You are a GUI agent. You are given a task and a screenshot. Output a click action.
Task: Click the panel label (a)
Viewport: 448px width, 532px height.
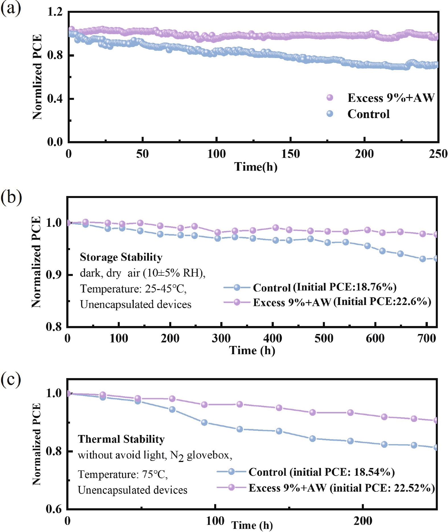click(11, 8)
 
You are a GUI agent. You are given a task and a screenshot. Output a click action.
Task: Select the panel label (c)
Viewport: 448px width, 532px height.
click(11, 379)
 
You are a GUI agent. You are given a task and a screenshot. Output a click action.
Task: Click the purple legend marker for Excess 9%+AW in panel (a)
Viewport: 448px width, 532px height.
click(330, 98)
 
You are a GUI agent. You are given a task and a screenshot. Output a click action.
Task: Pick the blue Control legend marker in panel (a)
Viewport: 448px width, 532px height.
click(330, 114)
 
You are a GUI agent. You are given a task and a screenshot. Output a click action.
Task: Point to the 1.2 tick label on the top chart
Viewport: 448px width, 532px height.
click(55, 12)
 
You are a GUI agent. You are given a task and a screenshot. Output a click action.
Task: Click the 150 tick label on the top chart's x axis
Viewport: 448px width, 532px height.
click(290, 154)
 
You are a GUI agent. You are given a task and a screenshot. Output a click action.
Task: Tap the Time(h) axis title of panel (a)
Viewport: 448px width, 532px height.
click(255, 167)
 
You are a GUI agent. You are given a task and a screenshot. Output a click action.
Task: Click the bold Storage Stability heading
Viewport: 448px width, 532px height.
click(121, 257)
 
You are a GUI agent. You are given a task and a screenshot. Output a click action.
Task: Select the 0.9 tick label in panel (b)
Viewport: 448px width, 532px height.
click(54, 275)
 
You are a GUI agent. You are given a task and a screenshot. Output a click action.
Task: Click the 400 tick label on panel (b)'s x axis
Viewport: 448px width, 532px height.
click(272, 339)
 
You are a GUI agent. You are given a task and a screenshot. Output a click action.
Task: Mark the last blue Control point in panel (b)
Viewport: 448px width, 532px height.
click(435, 259)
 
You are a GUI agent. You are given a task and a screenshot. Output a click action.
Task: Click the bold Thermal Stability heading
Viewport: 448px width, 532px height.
click(121, 439)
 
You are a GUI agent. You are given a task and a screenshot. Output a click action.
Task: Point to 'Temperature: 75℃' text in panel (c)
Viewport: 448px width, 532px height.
click(123, 474)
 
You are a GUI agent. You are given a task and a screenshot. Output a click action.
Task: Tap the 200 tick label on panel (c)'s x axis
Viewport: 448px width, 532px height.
click(363, 521)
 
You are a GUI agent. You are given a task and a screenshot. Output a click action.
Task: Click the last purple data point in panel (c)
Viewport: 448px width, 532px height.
click(435, 420)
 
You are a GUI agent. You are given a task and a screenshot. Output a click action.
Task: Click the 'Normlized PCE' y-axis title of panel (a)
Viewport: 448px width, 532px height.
click(37, 77)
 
